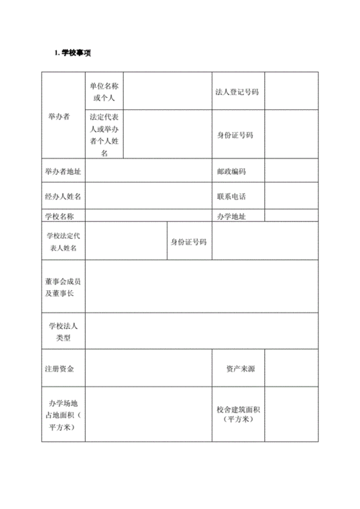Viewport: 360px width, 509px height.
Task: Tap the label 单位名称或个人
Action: tap(104, 91)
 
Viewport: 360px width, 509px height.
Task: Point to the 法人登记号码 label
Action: tap(237, 92)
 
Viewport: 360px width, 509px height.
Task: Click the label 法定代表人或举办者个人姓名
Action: tap(104, 135)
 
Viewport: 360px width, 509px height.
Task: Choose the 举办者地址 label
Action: tap(63, 171)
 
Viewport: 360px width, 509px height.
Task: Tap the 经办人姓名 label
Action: tap(63, 196)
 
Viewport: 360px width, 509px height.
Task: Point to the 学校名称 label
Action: tap(60, 216)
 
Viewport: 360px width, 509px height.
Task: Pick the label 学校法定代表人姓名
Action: tap(63, 241)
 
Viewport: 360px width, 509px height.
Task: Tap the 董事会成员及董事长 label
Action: tap(63, 287)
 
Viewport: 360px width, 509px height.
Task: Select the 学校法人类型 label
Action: tap(63, 332)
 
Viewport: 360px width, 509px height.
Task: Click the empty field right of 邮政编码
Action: tap(292, 171)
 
